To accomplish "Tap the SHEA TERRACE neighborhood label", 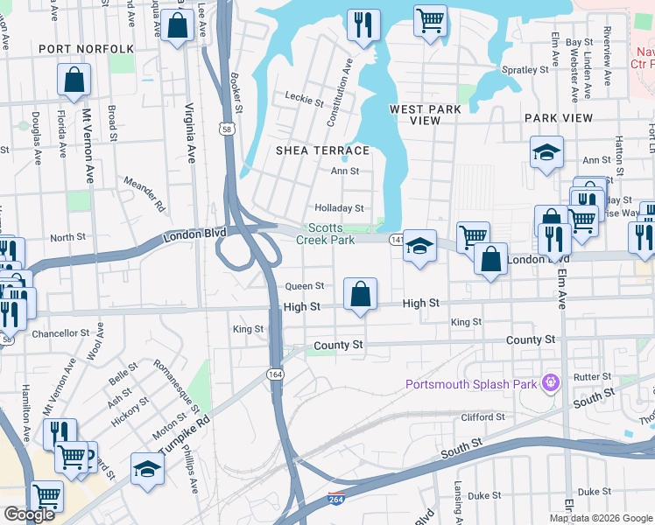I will point(321,150).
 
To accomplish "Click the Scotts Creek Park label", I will point(325,233).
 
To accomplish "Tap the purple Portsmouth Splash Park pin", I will point(550,382).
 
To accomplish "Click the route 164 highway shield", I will point(274,374).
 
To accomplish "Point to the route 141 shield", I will point(396,239).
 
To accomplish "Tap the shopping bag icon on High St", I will point(360,295).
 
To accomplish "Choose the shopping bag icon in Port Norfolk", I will point(74,80).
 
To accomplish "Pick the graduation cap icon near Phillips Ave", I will point(147,470).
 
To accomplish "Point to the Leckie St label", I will point(305,99).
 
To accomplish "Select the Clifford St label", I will point(483,417).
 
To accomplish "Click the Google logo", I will point(29,514).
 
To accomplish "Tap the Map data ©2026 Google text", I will point(600,518).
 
